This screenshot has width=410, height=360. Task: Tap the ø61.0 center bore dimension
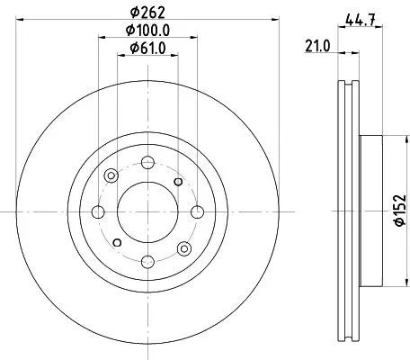(x=147, y=49)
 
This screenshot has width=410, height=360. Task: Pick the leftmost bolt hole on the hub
(x=98, y=211)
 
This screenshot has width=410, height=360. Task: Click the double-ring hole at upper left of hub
(x=111, y=176)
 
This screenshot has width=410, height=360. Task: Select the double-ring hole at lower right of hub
(x=184, y=247)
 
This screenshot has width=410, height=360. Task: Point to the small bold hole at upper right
(x=178, y=183)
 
